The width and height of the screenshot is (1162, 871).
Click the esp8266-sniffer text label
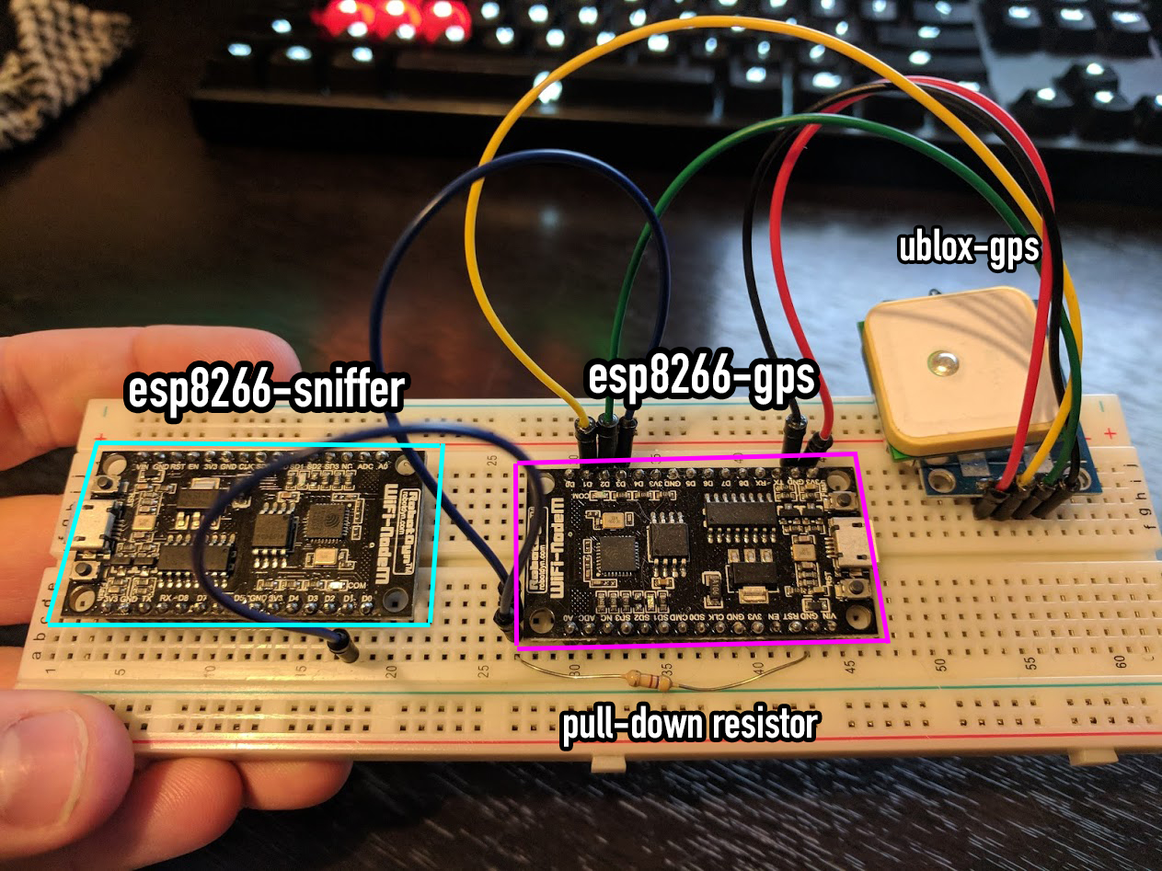tap(265, 391)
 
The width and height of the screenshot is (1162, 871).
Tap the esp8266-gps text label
tap(702, 378)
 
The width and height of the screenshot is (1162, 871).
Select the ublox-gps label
tap(968, 248)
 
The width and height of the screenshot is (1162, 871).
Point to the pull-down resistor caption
tap(689, 725)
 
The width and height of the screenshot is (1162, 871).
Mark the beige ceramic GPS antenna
tap(957, 368)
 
